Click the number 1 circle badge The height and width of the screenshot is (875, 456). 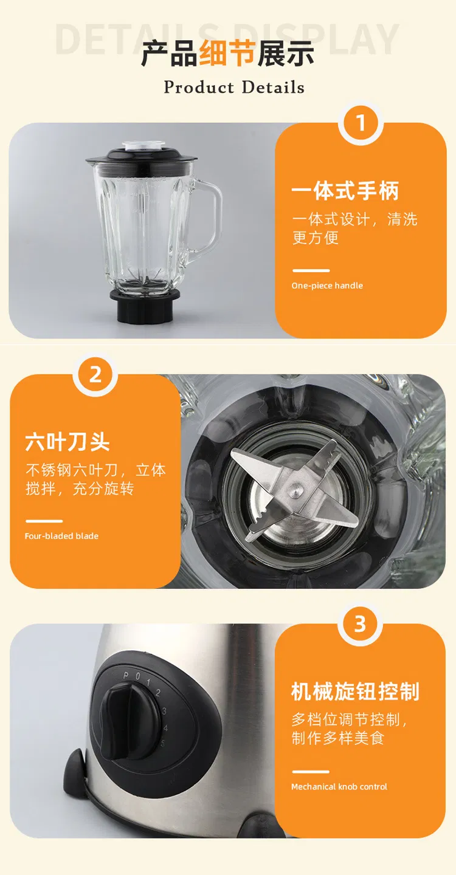(361, 123)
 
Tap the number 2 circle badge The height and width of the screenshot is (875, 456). (95, 375)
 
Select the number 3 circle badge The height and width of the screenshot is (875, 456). (360, 624)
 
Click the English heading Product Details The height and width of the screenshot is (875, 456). (234, 87)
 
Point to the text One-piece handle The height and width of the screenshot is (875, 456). (327, 286)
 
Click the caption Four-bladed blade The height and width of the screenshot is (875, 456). (61, 536)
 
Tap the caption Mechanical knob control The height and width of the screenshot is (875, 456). (339, 787)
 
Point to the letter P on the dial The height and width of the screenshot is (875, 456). (126, 676)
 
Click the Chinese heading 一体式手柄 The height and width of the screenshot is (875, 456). (345, 191)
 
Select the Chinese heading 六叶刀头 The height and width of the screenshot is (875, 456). (67, 442)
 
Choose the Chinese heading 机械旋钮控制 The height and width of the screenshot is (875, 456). (355, 691)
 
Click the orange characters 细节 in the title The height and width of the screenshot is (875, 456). (227, 53)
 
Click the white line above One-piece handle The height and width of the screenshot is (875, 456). (311, 270)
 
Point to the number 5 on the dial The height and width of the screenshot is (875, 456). (162, 743)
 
